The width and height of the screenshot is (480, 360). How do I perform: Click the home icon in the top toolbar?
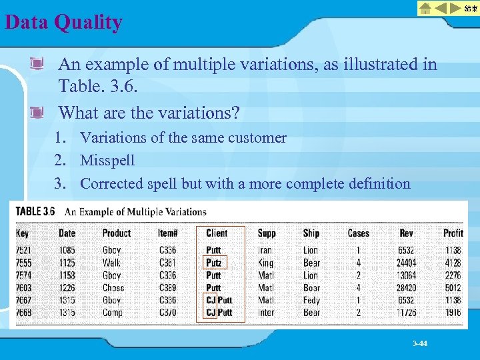[425, 8]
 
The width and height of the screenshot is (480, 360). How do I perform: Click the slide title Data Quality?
[63, 23]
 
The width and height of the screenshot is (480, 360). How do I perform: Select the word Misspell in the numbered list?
[107, 161]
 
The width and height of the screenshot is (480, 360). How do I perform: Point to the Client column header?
[217, 233]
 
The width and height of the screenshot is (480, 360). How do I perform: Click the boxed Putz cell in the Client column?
[213, 263]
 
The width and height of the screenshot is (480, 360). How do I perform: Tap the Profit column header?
[453, 233]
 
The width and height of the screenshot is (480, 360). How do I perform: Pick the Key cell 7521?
[23, 251]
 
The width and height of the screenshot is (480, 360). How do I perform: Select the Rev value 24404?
[407, 263]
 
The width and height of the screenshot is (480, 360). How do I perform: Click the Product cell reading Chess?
[113, 288]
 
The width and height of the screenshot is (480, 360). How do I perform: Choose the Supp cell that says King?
[265, 263]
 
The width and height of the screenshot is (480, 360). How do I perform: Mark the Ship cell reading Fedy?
[311, 300]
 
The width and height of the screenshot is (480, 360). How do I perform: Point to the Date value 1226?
[67, 288]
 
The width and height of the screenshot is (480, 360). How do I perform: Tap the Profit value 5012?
[453, 288]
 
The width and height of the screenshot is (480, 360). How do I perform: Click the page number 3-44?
[420, 343]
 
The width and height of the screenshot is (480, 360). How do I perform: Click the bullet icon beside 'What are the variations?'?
[37, 111]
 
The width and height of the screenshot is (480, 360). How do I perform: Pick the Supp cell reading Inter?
[266, 312]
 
